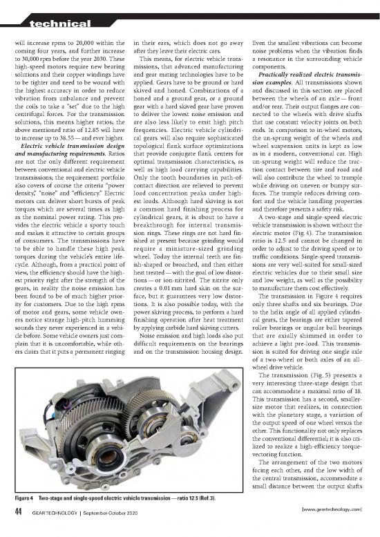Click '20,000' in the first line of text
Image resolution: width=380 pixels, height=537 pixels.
click(79, 41)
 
